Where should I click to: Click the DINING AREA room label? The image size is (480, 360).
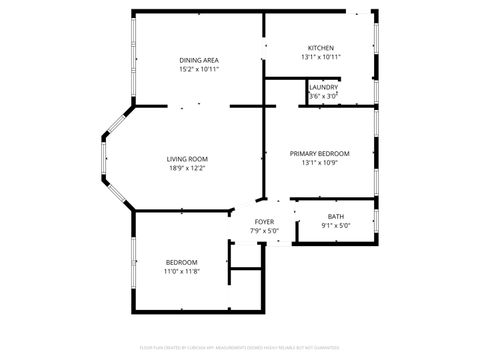point(199,60)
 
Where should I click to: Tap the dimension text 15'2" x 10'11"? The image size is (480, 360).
point(199,69)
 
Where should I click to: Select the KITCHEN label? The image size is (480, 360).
point(320,48)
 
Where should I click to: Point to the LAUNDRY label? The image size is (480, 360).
point(323,87)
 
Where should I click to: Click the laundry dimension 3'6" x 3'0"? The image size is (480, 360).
point(323,95)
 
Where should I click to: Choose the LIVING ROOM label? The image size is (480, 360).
point(187,159)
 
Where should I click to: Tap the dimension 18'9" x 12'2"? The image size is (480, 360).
point(187,168)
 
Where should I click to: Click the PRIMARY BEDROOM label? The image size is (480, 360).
point(319,153)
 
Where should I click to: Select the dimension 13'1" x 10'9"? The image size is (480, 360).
point(319,162)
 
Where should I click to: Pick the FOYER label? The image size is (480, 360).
point(264,221)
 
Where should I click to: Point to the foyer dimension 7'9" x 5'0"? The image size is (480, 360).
point(264,230)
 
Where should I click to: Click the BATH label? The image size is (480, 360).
point(335,216)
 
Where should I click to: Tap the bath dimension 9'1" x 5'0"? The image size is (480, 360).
point(335,225)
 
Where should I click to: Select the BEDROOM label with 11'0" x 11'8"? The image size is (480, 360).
point(181,262)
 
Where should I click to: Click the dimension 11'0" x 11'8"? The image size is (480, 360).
point(181,271)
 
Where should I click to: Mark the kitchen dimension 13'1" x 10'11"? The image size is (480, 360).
point(320,57)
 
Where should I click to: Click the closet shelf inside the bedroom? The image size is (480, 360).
point(245,268)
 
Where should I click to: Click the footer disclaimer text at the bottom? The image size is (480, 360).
point(240,347)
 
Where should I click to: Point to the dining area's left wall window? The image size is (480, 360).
point(133,60)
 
